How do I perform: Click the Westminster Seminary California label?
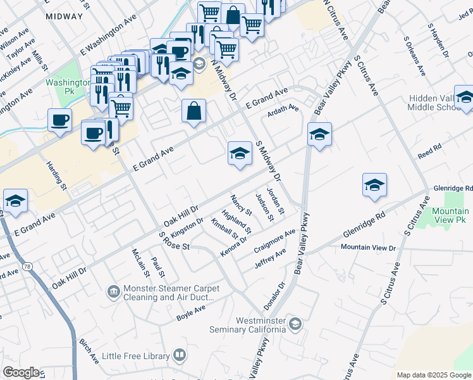point(250,325)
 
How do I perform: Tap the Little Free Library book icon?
point(180,355)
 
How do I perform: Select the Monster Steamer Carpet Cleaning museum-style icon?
point(113,291)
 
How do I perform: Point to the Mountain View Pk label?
point(451,216)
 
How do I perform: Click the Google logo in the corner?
point(21,372)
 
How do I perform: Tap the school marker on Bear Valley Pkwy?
point(320,134)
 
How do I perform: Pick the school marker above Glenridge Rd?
point(374,185)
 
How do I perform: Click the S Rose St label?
point(175,241)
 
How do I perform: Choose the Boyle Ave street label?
point(191,311)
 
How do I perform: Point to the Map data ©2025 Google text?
point(433,375)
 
